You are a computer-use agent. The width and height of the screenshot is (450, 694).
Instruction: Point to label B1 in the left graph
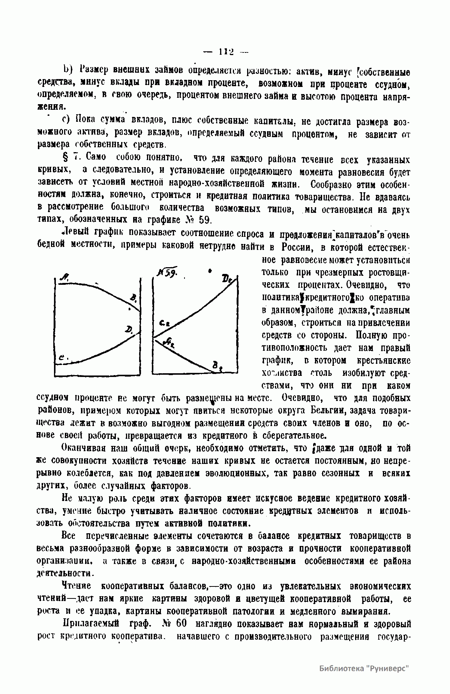[133, 299]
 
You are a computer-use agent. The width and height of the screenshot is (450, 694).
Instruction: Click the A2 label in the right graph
[169, 342]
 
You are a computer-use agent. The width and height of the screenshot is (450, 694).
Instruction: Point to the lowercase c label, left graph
[62, 359]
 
